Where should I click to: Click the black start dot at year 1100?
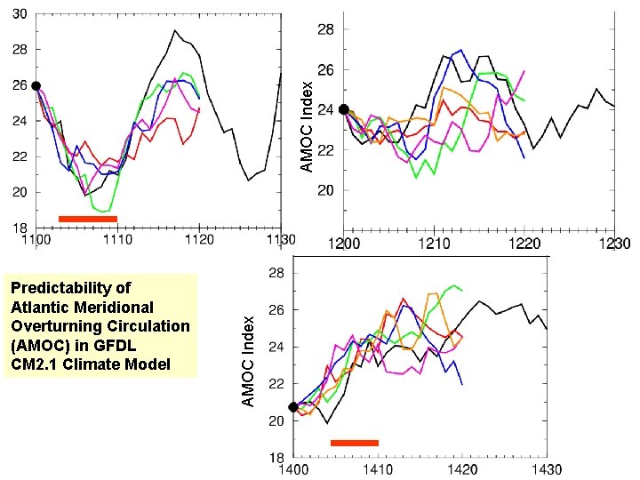(x=36, y=85)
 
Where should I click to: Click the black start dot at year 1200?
(x=344, y=109)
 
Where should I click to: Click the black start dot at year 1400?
(x=293, y=407)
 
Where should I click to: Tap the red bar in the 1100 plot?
(x=87, y=218)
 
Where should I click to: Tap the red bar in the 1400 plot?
(x=354, y=443)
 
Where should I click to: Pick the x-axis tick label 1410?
(x=378, y=469)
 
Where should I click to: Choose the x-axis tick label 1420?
(x=462, y=469)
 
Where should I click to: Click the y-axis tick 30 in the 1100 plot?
(x=19, y=15)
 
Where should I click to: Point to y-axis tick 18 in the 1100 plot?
(x=19, y=228)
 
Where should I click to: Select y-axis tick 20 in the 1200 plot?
(x=326, y=190)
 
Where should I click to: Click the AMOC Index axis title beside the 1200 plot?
(x=306, y=127)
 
